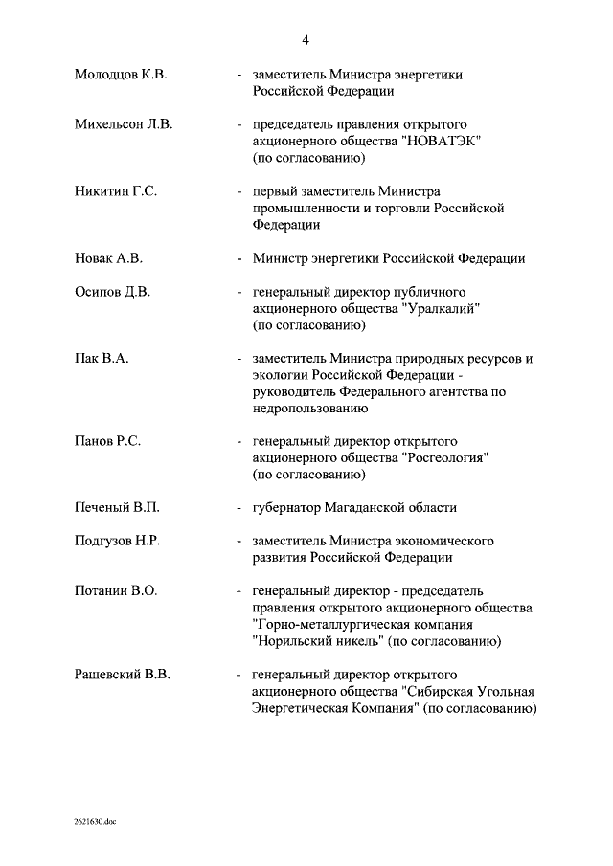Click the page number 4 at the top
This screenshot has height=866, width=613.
pyautogui.click(x=306, y=39)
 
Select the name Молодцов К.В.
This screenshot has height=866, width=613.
pyautogui.click(x=121, y=75)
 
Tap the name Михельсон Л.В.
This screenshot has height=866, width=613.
pyautogui.click(x=124, y=125)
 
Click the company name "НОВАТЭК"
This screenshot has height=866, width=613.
pyautogui.click(x=443, y=142)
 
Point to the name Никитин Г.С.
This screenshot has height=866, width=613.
pyautogui.click(x=116, y=191)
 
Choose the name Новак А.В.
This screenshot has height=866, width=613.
pyautogui.click(x=107, y=258)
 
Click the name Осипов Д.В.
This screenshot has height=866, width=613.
pyautogui.click(x=113, y=292)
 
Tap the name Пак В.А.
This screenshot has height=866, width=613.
pyautogui.click(x=102, y=359)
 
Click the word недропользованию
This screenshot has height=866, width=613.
pyautogui.click(x=310, y=409)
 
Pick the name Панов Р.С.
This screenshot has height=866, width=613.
pyautogui.click(x=108, y=442)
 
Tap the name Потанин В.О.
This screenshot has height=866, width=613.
pyautogui.click(x=115, y=591)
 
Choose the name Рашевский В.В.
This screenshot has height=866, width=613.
pyautogui.click(x=122, y=675)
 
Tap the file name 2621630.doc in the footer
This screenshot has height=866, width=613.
pyautogui.click(x=95, y=821)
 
